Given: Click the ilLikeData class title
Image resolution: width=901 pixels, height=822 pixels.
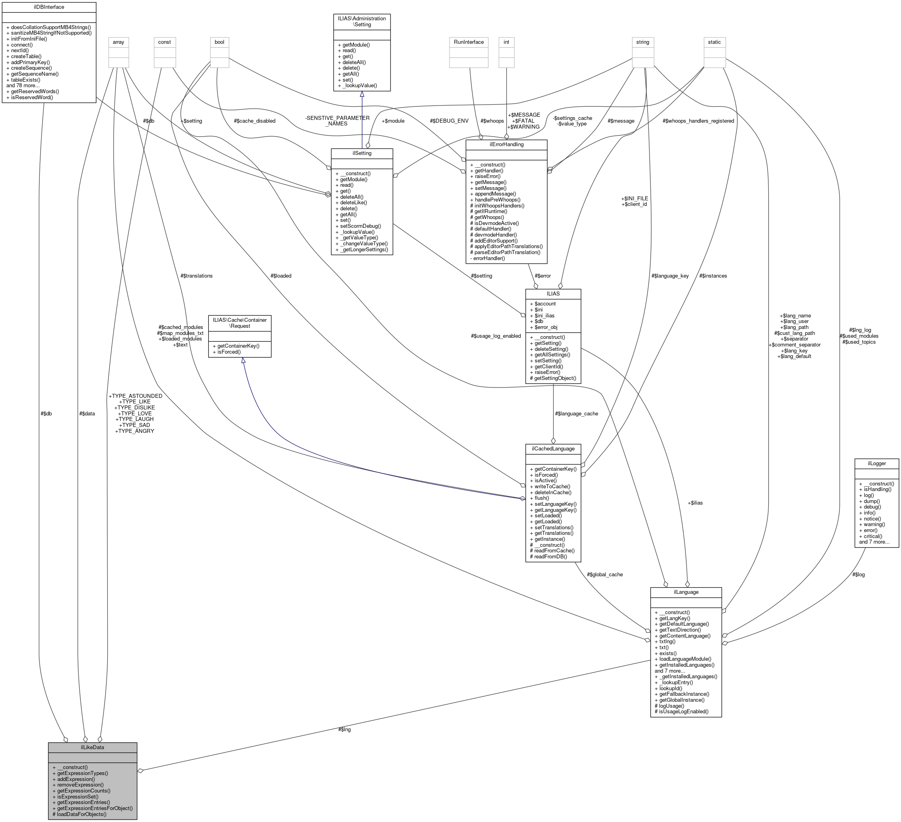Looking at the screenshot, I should coord(92,747).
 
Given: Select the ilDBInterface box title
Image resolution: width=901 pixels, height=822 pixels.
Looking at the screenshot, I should coord(49,7).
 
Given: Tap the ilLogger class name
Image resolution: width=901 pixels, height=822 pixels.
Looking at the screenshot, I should coord(876,463).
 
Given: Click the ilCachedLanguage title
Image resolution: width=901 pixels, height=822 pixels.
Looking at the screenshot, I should coord(553,448).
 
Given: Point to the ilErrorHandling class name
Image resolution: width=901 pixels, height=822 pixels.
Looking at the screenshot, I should coord(506,144).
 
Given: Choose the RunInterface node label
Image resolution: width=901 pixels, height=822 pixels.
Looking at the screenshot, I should coord(468,42).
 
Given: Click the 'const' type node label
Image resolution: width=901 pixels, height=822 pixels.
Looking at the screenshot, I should coord(165,42).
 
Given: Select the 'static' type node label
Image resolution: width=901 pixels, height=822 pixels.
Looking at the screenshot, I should coord(714,42).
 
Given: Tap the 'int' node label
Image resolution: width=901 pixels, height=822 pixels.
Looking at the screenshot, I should coord(506,42).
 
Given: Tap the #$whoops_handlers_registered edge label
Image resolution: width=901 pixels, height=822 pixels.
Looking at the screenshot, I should coord(698,121).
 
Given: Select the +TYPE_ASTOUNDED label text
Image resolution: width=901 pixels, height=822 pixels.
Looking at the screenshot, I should coord(135,396).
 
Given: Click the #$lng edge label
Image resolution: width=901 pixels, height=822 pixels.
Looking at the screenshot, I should coord(344,730).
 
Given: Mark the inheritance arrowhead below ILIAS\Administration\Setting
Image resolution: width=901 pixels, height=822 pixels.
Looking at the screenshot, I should coord(361,95).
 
